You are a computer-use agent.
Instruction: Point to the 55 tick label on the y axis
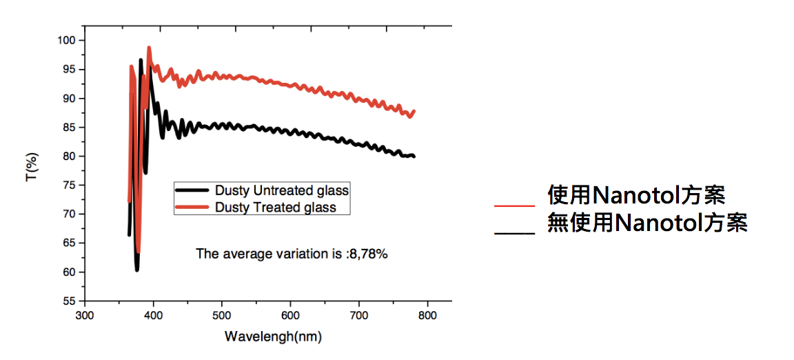point(68,301)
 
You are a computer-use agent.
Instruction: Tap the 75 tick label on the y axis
point(68,185)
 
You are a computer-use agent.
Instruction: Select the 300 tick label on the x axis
point(84,315)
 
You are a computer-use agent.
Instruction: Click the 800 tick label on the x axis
point(428,315)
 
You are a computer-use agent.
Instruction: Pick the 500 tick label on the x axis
point(222,315)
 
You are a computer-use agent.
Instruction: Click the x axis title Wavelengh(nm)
point(273,337)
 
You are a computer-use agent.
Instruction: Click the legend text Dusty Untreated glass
point(282,190)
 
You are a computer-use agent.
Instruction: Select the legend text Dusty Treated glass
point(276,207)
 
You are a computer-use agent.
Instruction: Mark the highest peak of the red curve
point(149,48)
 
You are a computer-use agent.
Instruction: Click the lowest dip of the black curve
point(137,269)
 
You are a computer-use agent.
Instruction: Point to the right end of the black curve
point(414,157)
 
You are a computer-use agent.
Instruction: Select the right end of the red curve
point(414,111)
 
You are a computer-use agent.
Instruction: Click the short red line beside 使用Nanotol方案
point(514,206)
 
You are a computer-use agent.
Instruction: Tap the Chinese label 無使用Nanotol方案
point(647,223)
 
